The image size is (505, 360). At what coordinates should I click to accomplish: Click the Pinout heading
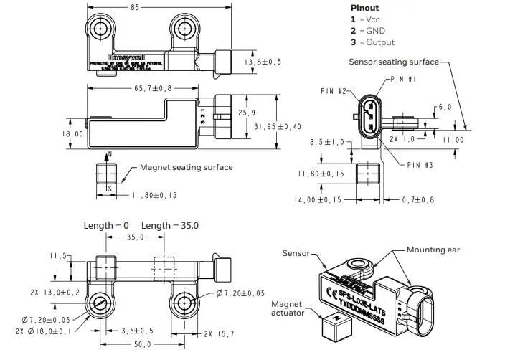364,8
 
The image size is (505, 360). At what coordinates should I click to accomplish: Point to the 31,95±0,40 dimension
278,125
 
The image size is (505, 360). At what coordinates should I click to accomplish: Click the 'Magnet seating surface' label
186,167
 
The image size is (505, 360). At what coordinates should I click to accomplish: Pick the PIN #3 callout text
420,164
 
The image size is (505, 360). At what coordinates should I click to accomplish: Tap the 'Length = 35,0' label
170,225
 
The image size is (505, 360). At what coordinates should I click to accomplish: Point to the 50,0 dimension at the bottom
144,346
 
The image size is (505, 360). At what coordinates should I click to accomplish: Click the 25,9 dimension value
246,113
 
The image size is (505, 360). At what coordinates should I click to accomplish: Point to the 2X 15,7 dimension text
219,334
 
